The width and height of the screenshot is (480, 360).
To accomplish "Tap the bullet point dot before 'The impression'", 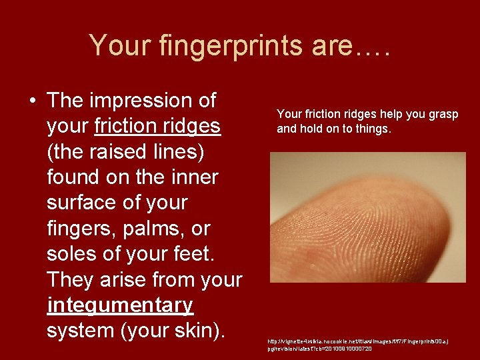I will (32, 101).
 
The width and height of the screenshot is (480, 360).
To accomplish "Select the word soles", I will (75, 254).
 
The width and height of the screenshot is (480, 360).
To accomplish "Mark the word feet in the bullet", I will (207, 254).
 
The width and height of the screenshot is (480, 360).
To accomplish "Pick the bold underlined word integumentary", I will (120, 305).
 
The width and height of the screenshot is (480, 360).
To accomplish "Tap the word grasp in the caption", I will (442, 115).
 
